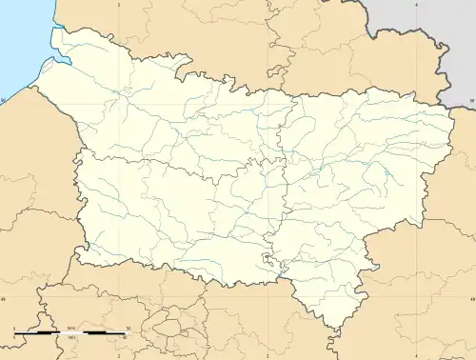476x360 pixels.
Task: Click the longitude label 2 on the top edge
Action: pos(119,5)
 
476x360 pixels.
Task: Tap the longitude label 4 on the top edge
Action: pos(417,5)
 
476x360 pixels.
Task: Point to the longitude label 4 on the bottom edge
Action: pos(417,354)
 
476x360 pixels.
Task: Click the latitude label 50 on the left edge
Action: pos(4,99)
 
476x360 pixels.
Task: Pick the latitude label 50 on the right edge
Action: pos(471,99)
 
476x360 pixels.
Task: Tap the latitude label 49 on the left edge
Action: pos(4,297)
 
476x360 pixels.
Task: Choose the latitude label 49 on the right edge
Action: pos(471,297)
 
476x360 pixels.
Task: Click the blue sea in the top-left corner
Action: pos(19,38)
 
